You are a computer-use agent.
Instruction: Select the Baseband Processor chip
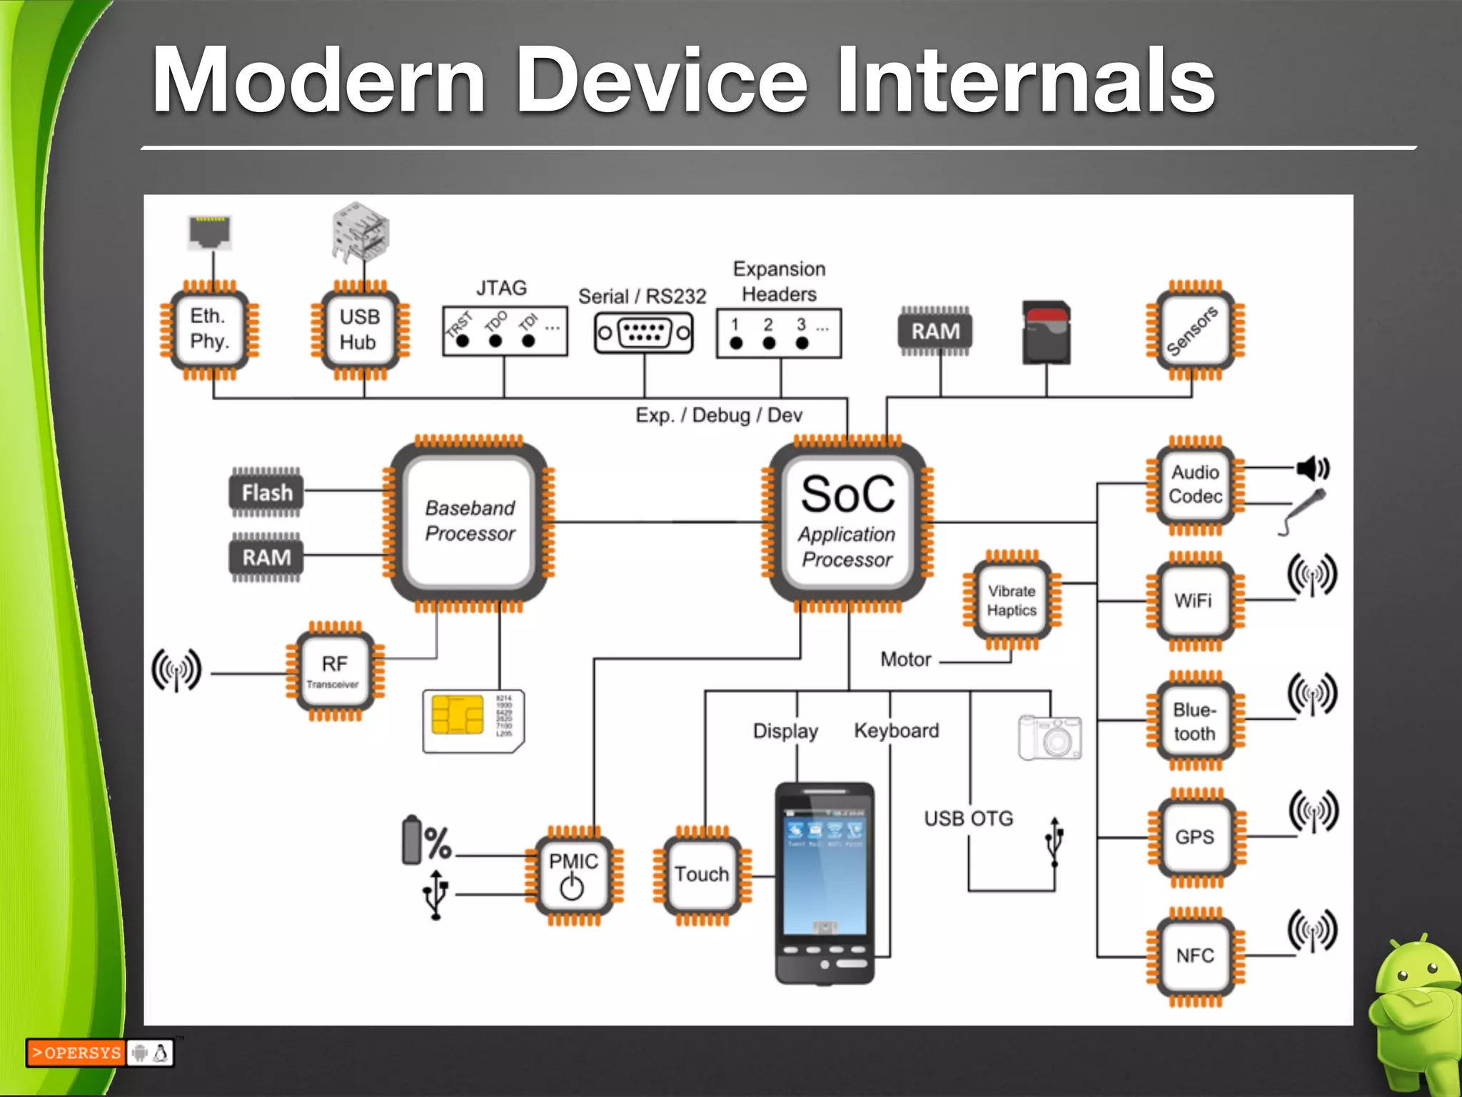(x=469, y=521)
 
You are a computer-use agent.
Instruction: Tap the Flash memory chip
(x=266, y=492)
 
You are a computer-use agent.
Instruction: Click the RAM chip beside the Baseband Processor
(x=266, y=557)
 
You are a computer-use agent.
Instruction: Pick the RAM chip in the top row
(x=935, y=331)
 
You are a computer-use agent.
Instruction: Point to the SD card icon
(x=1047, y=333)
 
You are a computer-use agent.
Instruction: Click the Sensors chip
(x=1194, y=330)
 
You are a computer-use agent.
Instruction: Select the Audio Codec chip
(x=1195, y=485)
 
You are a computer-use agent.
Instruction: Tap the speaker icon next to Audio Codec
(x=1313, y=469)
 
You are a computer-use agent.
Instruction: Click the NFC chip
(x=1195, y=956)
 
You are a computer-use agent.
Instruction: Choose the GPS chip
(x=1195, y=837)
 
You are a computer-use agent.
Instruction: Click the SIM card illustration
(x=473, y=720)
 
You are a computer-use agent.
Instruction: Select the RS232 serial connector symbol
(x=644, y=333)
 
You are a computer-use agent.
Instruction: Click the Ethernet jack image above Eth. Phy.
(x=210, y=233)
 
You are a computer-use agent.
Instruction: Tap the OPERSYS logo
(x=76, y=1053)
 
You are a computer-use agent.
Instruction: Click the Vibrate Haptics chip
(x=1012, y=601)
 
